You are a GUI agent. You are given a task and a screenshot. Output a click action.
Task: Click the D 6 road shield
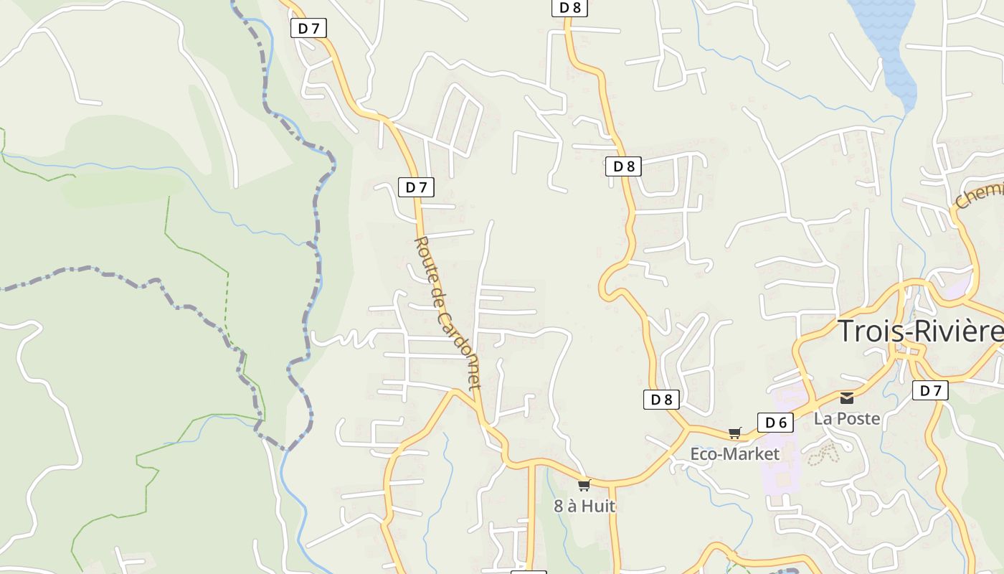click(776, 423)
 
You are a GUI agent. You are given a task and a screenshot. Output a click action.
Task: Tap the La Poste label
click(846, 418)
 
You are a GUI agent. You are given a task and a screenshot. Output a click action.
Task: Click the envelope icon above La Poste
click(847, 397)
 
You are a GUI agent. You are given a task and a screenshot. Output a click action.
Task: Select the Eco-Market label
click(734, 454)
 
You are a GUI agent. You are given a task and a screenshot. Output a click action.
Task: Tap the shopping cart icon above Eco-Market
click(734, 433)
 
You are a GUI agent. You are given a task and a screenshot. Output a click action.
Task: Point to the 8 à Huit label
click(584, 506)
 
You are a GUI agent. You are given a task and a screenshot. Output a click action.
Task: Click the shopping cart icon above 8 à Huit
click(584, 485)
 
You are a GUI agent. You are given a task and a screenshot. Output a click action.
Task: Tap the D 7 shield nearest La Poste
click(930, 390)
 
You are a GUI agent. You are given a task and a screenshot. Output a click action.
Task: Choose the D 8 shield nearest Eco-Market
click(661, 400)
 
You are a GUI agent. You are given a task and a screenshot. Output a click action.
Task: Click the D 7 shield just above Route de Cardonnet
click(416, 187)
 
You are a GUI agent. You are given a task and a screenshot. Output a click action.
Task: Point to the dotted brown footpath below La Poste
click(823, 453)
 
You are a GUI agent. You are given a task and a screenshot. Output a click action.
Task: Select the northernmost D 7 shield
click(308, 28)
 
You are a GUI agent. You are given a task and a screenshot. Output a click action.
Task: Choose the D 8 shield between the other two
click(623, 166)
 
